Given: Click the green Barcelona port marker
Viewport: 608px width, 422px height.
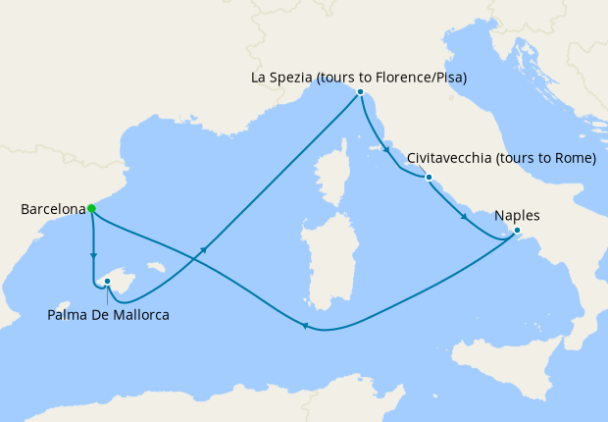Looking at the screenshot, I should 91,208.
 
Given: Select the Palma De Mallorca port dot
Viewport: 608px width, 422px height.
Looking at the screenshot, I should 107,281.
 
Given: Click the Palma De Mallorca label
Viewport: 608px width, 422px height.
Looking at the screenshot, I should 108,315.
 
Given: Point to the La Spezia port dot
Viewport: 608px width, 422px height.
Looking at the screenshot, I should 361,91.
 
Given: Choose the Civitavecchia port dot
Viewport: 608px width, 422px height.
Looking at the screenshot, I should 429,177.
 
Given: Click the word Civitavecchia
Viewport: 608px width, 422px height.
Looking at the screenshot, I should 448,158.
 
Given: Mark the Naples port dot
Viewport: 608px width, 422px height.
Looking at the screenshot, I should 518,232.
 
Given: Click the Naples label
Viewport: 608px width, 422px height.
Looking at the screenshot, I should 517,216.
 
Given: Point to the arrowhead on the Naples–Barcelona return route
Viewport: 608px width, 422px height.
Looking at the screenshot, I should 305,327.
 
